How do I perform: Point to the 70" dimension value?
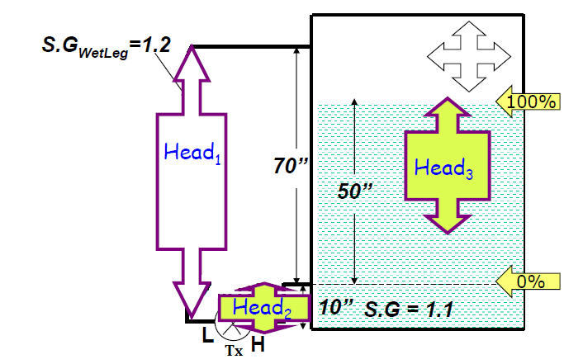point(290,165)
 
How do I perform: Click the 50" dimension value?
point(356,190)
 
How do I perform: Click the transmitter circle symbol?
point(232,329)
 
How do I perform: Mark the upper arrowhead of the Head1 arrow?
point(191,62)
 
